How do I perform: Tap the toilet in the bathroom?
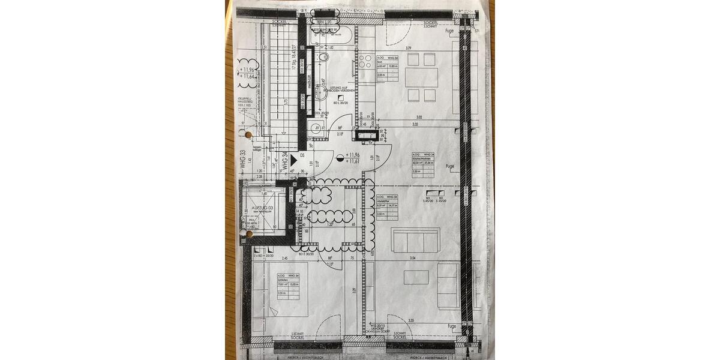click(324, 58)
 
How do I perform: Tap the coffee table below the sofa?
click(416, 277)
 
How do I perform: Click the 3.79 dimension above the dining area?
click(407, 48)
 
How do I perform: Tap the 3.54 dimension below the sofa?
click(413, 257)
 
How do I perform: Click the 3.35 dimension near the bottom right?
click(410, 320)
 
